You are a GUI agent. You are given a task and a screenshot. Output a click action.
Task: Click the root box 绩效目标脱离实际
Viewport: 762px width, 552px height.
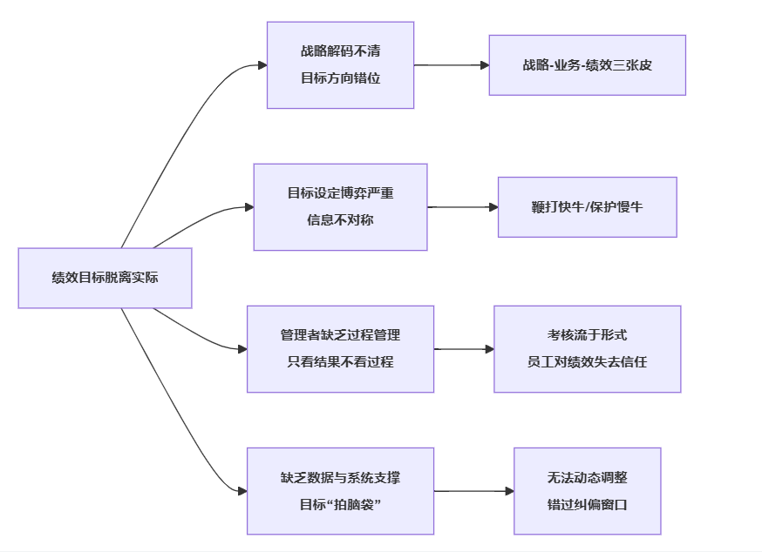(105, 278)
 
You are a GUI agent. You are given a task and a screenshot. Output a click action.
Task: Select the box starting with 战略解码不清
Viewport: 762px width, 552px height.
(340, 65)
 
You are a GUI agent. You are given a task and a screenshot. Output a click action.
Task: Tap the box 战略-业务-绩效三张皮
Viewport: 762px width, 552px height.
(587, 65)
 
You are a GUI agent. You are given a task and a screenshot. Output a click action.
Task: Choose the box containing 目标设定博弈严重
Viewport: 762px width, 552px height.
(340, 207)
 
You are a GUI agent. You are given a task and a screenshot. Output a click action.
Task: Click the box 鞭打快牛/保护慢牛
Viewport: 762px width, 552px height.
(587, 207)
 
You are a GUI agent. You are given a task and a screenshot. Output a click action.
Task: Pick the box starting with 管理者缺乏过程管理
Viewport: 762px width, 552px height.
(340, 349)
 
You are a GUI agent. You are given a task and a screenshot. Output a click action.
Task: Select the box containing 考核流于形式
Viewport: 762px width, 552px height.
(587, 349)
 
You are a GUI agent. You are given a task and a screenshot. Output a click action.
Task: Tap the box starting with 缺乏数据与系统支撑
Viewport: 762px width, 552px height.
(340, 491)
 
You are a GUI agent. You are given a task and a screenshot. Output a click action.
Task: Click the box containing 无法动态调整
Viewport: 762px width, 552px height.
(587, 491)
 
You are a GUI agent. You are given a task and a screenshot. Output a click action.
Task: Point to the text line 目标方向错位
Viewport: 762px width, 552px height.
(340, 78)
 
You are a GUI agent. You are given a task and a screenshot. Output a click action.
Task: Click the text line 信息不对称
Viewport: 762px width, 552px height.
(340, 220)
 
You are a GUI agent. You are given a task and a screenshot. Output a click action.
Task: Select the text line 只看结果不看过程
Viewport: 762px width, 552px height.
(340, 362)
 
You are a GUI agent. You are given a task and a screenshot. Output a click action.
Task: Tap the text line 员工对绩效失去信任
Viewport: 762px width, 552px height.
(587, 362)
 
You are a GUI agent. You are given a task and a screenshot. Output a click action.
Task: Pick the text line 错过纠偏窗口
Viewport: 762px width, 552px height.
(587, 504)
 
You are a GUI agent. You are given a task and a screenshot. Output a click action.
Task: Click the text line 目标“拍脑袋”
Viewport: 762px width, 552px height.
(340, 504)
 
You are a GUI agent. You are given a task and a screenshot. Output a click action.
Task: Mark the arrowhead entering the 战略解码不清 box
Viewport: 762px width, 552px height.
(262, 65)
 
